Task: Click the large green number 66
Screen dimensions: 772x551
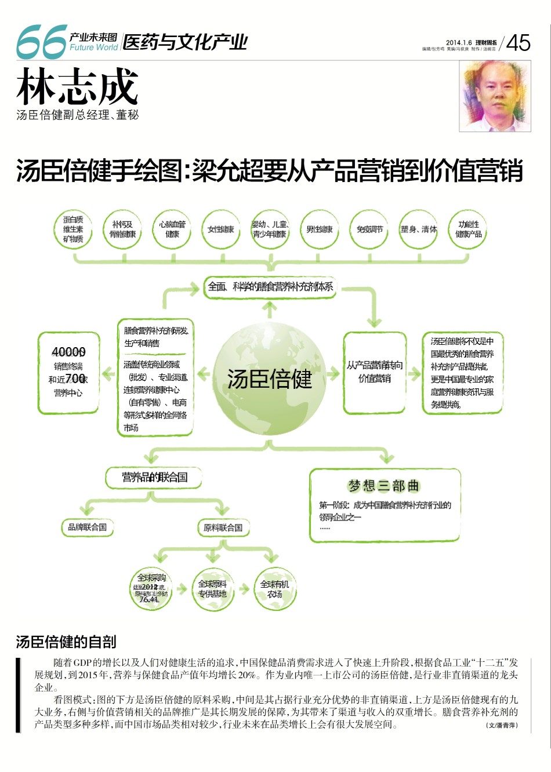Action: click(x=41, y=42)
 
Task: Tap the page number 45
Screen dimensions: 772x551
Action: click(x=518, y=43)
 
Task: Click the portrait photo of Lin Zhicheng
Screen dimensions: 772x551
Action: click(x=495, y=96)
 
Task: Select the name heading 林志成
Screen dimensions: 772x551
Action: click(x=77, y=88)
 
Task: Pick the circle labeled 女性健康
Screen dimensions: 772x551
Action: click(x=220, y=230)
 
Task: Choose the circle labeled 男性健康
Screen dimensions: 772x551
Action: click(x=320, y=230)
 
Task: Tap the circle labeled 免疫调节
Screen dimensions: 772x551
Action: click(x=369, y=230)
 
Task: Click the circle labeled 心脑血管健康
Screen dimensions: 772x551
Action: click(x=172, y=230)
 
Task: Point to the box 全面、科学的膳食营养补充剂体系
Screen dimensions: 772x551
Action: click(x=270, y=287)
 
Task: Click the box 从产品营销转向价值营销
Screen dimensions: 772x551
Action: click(x=374, y=372)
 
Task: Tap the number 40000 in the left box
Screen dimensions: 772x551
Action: click(x=68, y=352)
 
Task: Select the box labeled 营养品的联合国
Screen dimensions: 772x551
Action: click(x=154, y=478)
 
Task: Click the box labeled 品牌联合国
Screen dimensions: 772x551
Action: click(x=87, y=527)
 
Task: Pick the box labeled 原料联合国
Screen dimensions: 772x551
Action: click(x=223, y=527)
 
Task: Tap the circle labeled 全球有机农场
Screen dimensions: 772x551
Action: click(x=274, y=589)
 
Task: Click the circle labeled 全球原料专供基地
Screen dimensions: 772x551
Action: click(x=212, y=589)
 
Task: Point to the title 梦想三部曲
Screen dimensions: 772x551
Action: click(x=383, y=486)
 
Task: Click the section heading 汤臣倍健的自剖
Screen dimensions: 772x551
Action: click(x=66, y=642)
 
